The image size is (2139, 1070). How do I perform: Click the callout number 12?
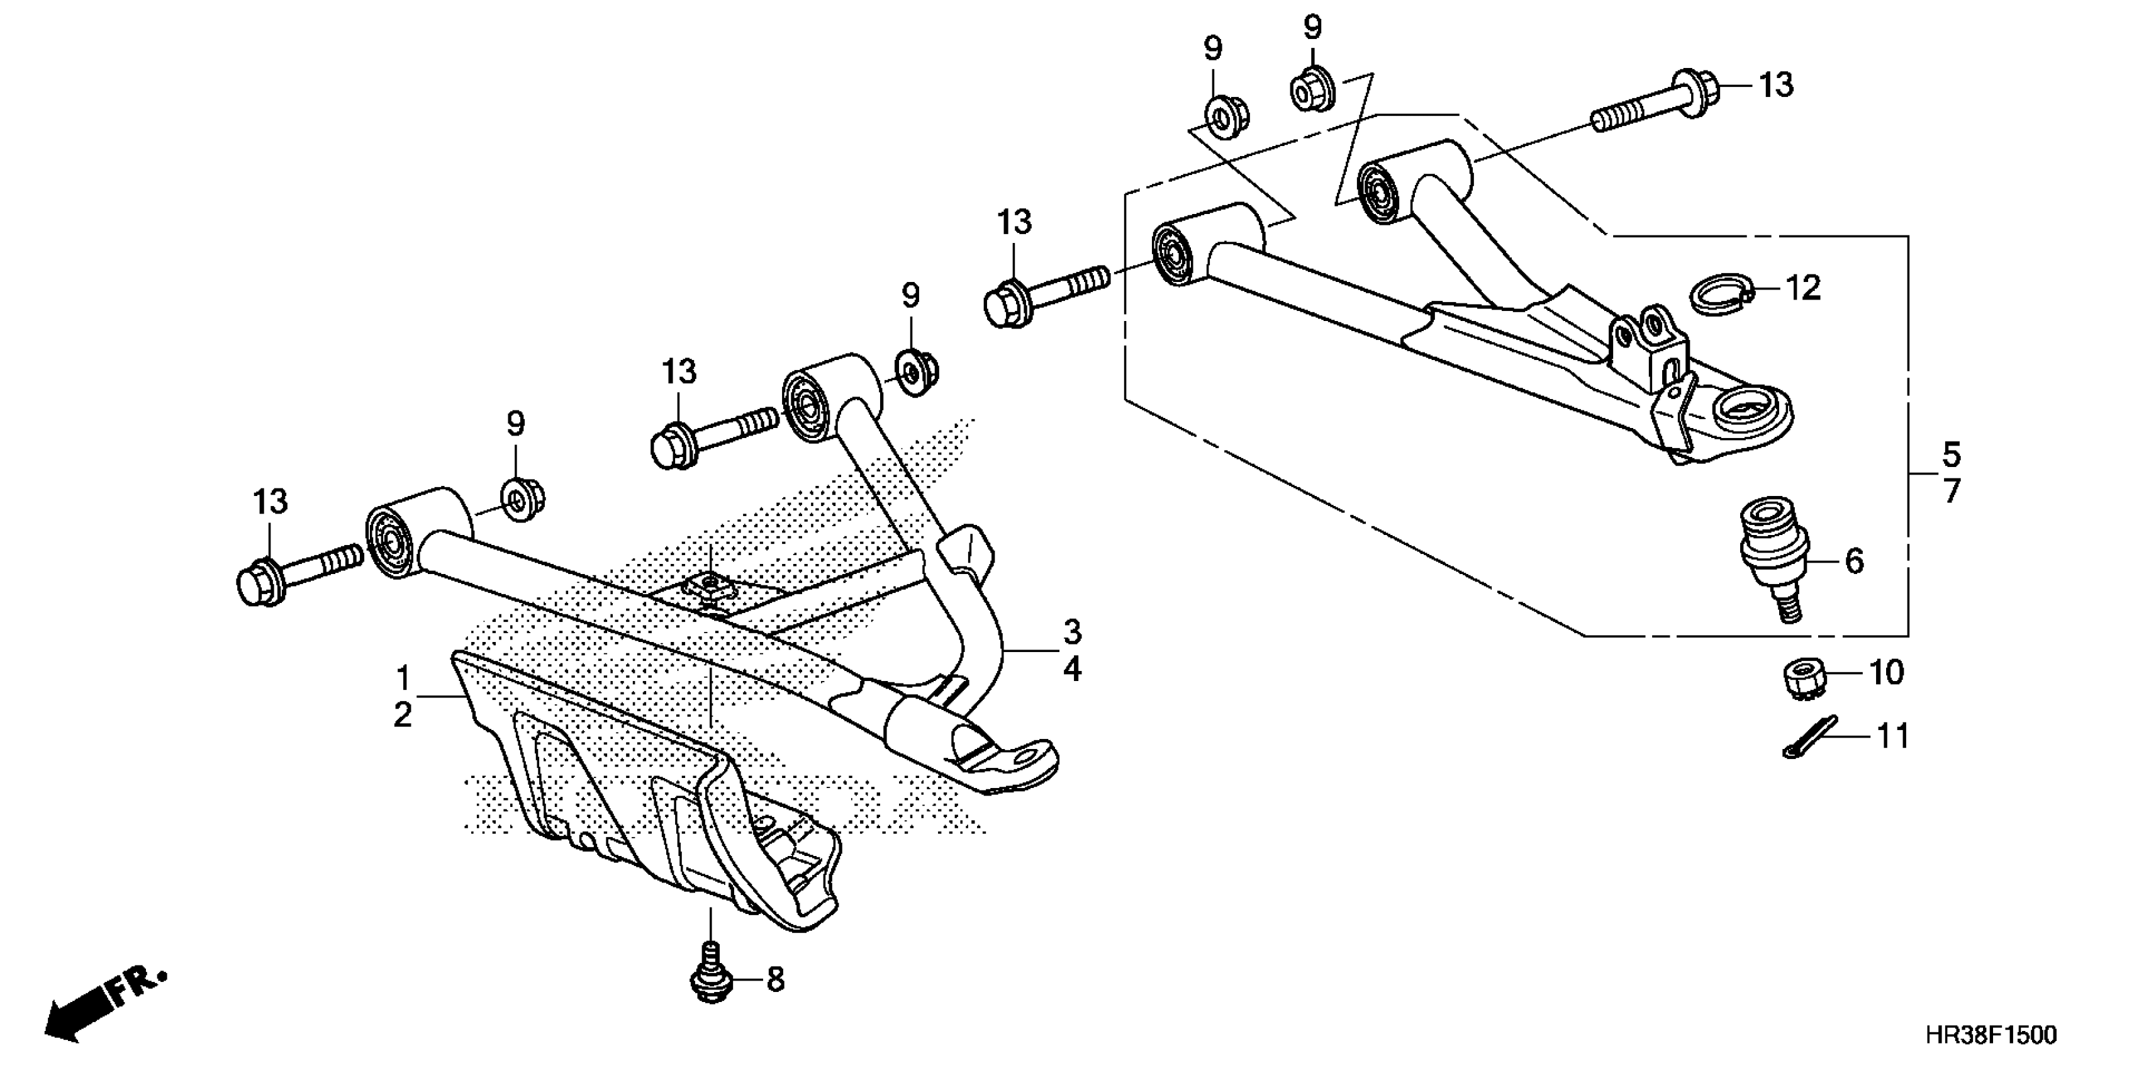pos(1802,288)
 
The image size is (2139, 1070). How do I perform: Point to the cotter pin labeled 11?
pos(1809,738)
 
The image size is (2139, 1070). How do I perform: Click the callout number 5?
pos(1952,454)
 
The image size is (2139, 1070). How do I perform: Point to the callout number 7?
pos(1952,492)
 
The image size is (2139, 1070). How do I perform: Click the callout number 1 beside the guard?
pos(403,679)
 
